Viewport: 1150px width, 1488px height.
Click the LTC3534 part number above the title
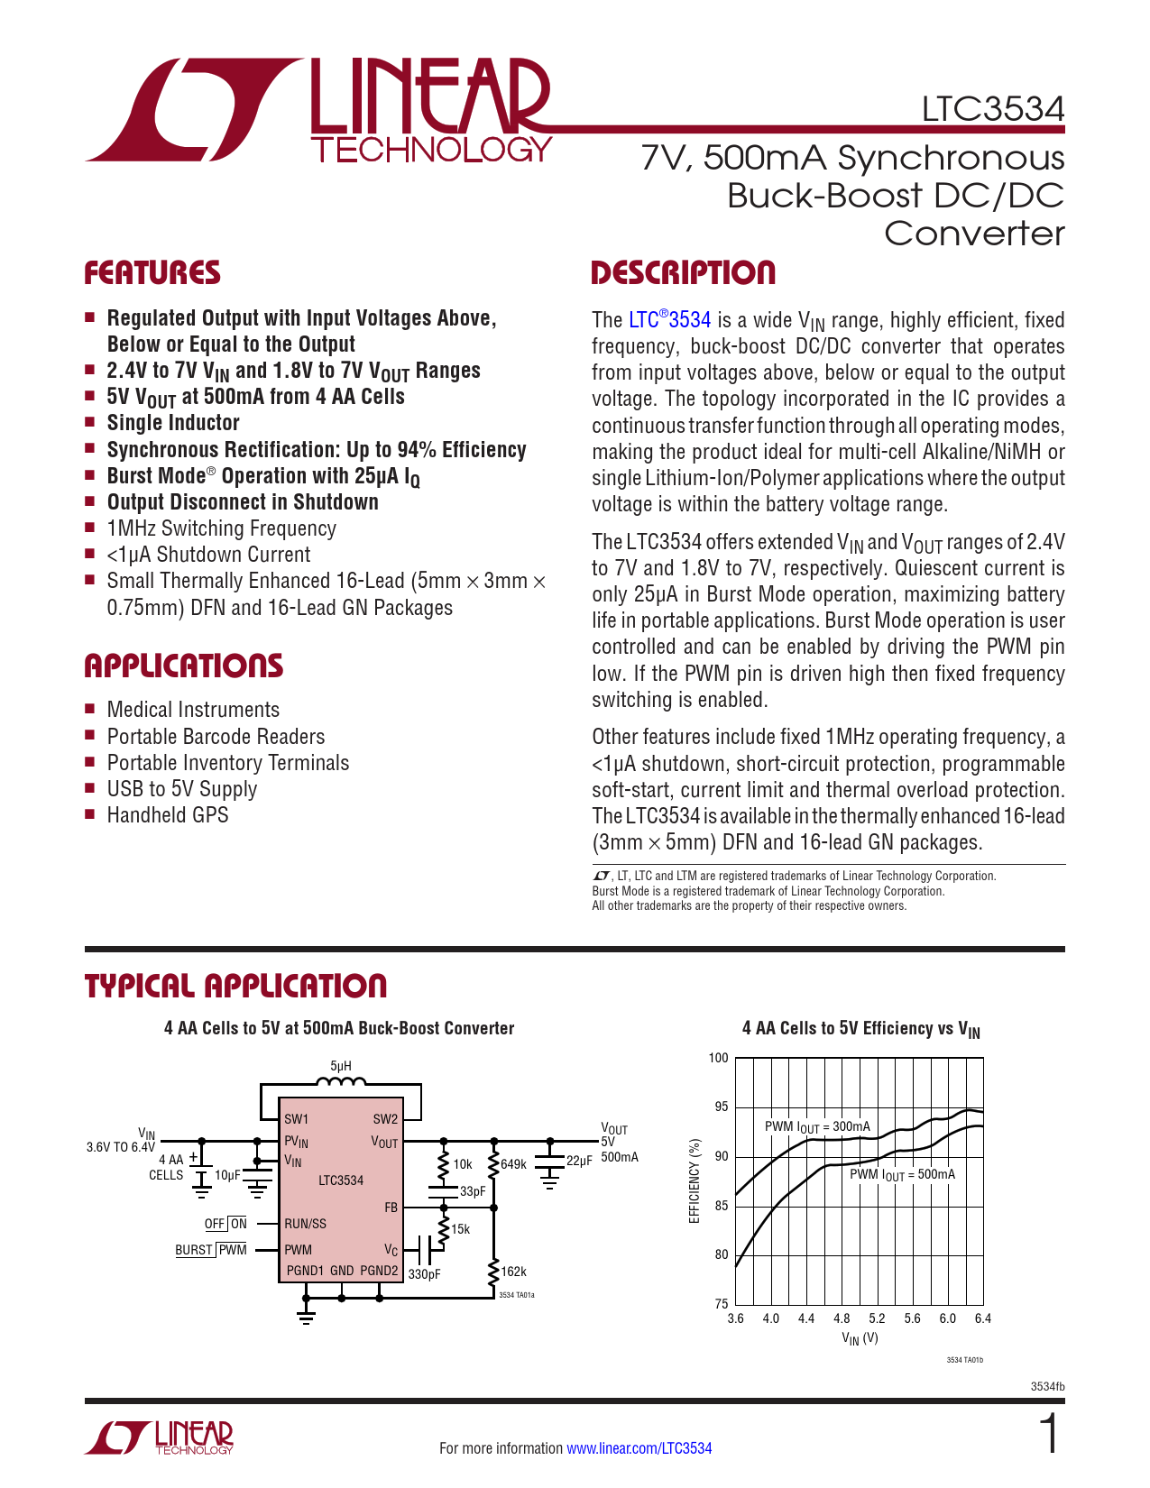pyautogui.click(x=992, y=109)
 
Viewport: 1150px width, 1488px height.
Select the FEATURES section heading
pyautogui.click(x=152, y=272)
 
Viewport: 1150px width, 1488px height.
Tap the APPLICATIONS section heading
pyautogui.click(x=184, y=666)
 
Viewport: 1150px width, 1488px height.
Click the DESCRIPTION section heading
pyautogui.click(x=683, y=272)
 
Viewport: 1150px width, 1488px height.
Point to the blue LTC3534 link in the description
pyautogui.click(x=669, y=319)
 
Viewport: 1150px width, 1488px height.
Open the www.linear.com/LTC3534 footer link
pyautogui.click(x=639, y=1447)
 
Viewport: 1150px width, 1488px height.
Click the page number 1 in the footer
pyautogui.click(x=1049, y=1433)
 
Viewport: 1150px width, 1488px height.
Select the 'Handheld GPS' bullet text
pyautogui.click(x=168, y=815)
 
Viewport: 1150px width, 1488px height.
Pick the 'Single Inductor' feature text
pyautogui.click(x=173, y=422)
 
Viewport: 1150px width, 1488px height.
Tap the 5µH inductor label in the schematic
pyautogui.click(x=340, y=1066)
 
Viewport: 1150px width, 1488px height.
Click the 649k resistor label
pyautogui.click(x=513, y=1164)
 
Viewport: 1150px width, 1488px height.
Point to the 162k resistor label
pyautogui.click(x=513, y=1272)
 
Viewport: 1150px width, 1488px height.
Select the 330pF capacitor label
pyautogui.click(x=424, y=1274)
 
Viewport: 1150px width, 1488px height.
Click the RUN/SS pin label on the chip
pyautogui.click(x=306, y=1224)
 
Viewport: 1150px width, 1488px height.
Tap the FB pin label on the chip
pyautogui.click(x=391, y=1208)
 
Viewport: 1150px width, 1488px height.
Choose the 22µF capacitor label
pyautogui.click(x=579, y=1162)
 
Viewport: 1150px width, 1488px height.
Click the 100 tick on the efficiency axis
pyautogui.click(x=719, y=1058)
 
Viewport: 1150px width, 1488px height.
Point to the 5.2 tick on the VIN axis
pyautogui.click(x=877, y=1318)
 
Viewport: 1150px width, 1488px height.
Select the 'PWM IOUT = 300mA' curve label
pyautogui.click(x=817, y=1127)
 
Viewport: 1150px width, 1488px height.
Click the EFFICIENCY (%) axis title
pyautogui.click(x=695, y=1180)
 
